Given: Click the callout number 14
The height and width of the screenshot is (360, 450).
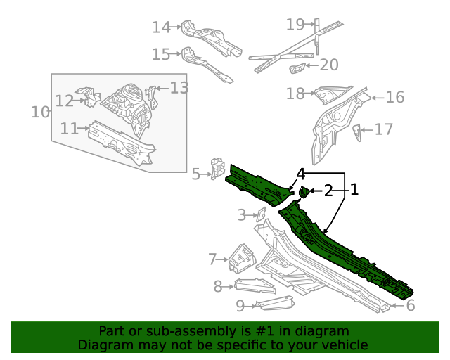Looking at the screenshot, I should pos(161,27).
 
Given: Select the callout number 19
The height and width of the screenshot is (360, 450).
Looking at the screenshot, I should pos(295,25).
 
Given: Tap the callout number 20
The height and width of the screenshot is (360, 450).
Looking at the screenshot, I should pos(328,65).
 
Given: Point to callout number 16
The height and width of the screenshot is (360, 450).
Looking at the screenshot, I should pos(395,97).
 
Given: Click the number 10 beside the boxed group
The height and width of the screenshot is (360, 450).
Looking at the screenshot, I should pos(41,112).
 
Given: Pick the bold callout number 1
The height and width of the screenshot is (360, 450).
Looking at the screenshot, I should pos(354,189).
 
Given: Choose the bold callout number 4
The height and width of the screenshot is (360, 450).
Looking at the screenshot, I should pos(300,173).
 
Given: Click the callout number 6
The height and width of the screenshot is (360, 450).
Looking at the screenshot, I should pos(410,305).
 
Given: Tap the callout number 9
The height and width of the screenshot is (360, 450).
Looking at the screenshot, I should pos(240,305).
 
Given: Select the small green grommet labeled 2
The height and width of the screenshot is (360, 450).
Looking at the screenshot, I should pos(304,191).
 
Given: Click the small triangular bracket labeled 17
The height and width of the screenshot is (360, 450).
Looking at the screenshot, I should pos(357,131).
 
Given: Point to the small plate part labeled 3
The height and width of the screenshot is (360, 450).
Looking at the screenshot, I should pos(258,214).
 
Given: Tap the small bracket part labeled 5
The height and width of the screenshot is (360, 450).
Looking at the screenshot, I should pos(217,169).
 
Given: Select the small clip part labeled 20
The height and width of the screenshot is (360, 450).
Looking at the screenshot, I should pos(297,67).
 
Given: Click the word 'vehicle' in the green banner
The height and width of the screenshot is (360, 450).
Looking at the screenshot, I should pos(345,345).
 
